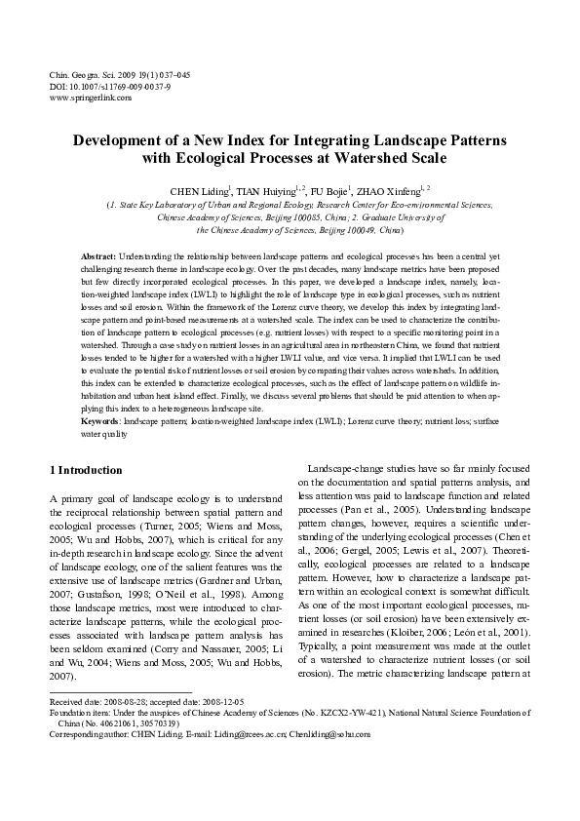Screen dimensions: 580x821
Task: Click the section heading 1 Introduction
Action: (x=86, y=470)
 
